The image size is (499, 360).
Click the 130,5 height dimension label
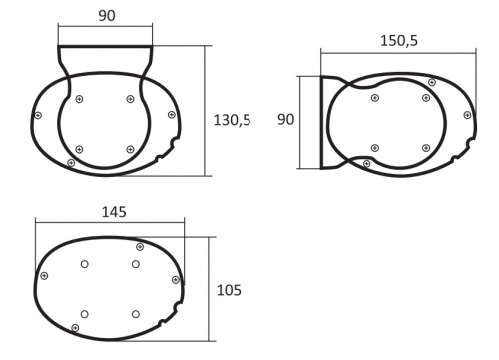click(232, 119)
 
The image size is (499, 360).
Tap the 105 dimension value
click(230, 290)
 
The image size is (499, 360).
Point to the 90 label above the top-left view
click(106, 16)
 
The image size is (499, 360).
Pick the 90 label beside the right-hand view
click(286, 119)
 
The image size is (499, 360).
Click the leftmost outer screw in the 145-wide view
click(44, 276)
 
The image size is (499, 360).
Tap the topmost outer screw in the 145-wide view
click(139, 246)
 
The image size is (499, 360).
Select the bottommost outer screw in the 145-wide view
click(76, 327)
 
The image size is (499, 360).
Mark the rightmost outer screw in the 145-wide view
click(178, 282)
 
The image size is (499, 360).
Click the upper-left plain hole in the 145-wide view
click(84, 264)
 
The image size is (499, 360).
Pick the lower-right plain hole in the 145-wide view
click(134, 315)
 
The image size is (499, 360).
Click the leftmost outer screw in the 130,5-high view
click(38, 116)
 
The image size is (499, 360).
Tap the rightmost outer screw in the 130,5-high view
click(172, 115)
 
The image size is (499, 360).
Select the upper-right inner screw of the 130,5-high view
click(131, 98)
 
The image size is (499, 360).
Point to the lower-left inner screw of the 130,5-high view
click(80, 149)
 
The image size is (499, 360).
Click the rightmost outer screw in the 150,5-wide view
click(468, 115)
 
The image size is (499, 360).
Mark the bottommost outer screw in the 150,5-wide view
click(367, 163)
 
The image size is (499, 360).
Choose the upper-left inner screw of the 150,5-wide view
click(373, 98)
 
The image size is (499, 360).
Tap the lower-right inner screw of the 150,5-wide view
click(423, 148)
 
